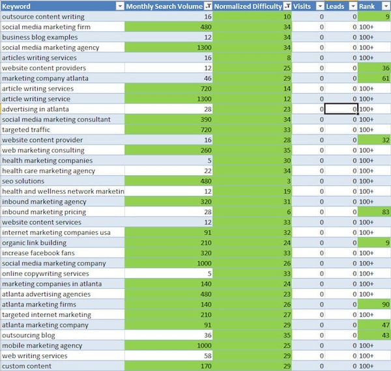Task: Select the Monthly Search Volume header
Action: tap(164, 6)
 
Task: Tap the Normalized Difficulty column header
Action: tap(248, 6)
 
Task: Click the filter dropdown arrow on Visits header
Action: tap(319, 6)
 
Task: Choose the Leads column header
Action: tap(336, 6)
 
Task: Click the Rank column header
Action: tap(368, 6)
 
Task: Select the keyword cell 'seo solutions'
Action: tap(23, 180)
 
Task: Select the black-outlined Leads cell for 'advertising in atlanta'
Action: tap(341, 109)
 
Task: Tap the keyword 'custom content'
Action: tap(27, 366)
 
